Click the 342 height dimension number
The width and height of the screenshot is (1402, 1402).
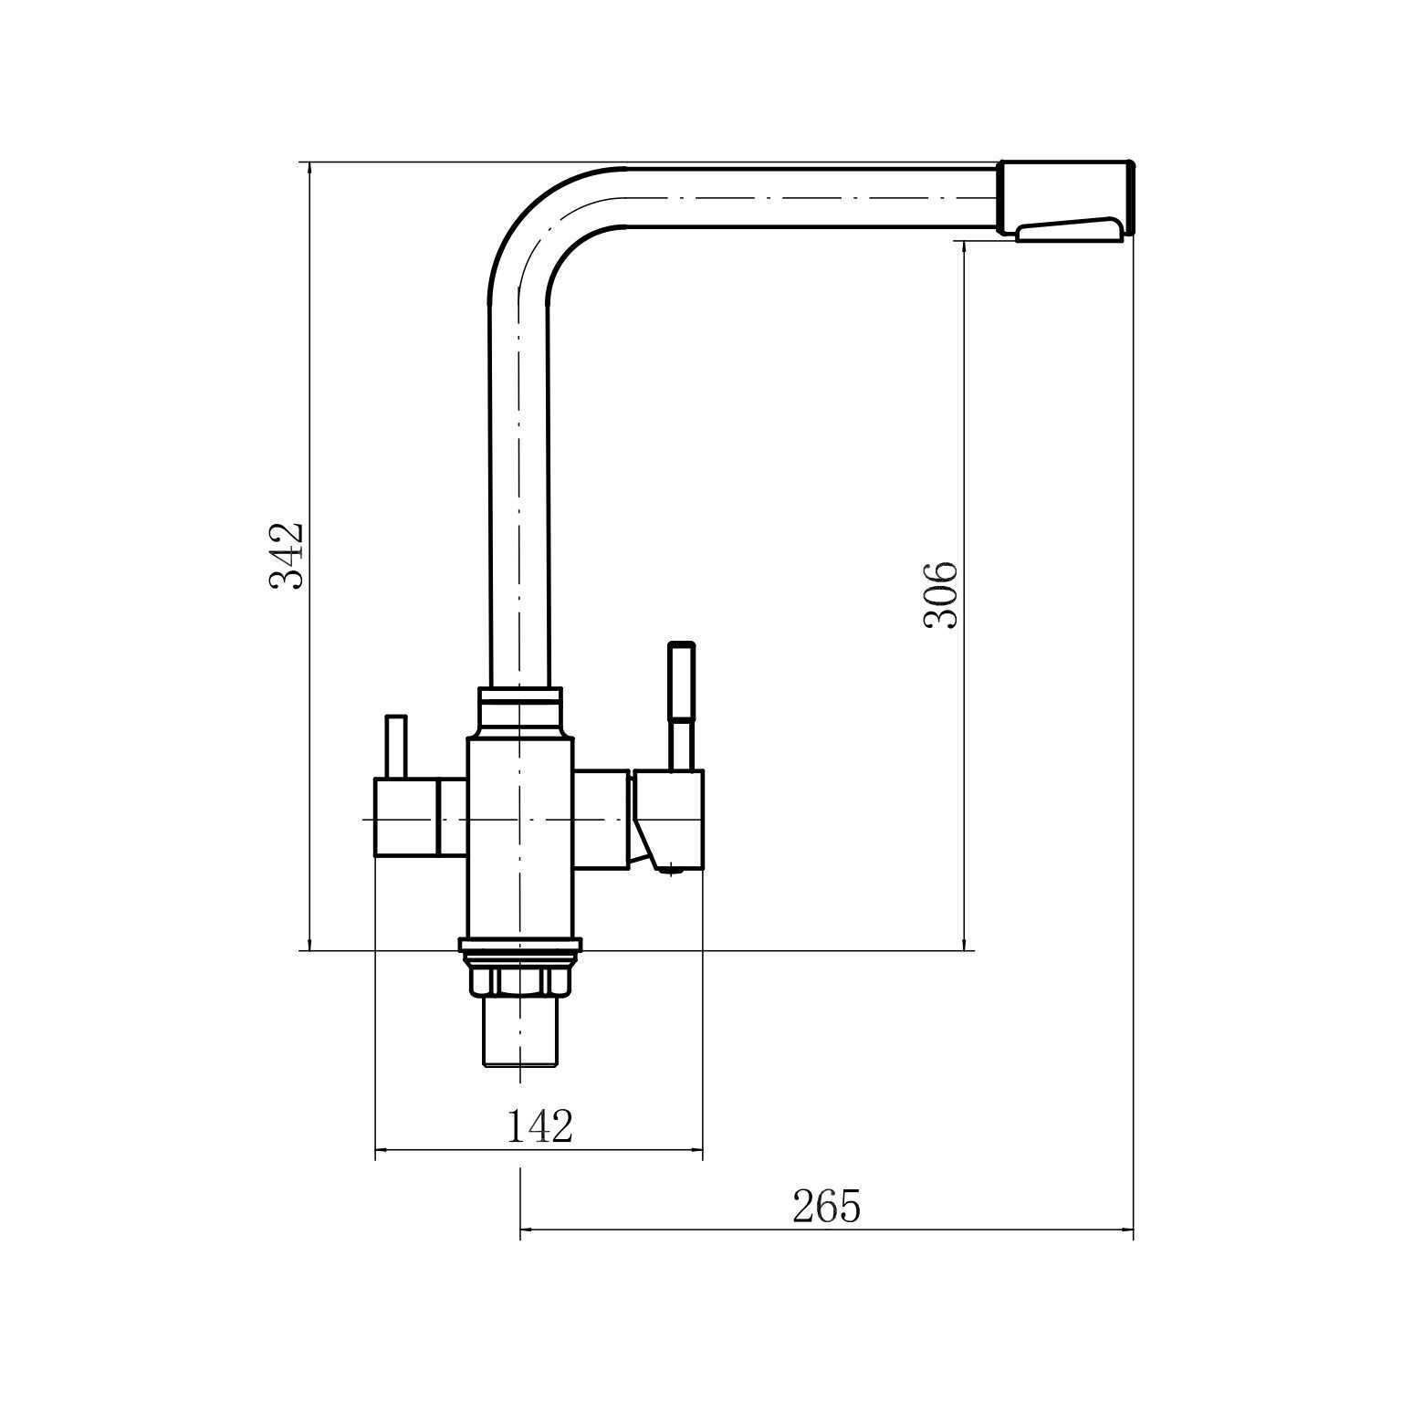click(x=287, y=556)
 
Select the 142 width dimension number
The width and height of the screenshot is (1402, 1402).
click(x=539, y=1126)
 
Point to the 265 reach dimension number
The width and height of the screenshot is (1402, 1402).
click(x=826, y=1207)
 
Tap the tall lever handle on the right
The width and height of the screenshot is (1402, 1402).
click(x=682, y=706)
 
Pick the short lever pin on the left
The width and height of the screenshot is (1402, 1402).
click(x=395, y=747)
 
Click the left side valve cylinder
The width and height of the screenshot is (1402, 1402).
click(x=406, y=817)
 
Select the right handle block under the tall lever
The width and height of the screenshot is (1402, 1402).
click(x=669, y=821)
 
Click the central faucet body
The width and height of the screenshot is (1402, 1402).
click(x=520, y=839)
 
